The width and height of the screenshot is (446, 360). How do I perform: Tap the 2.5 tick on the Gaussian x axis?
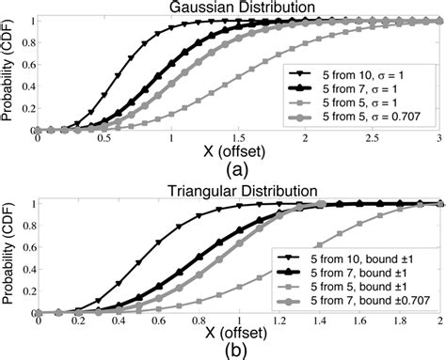[x=373, y=138]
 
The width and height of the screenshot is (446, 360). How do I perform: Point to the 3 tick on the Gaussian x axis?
[x=438, y=138]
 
